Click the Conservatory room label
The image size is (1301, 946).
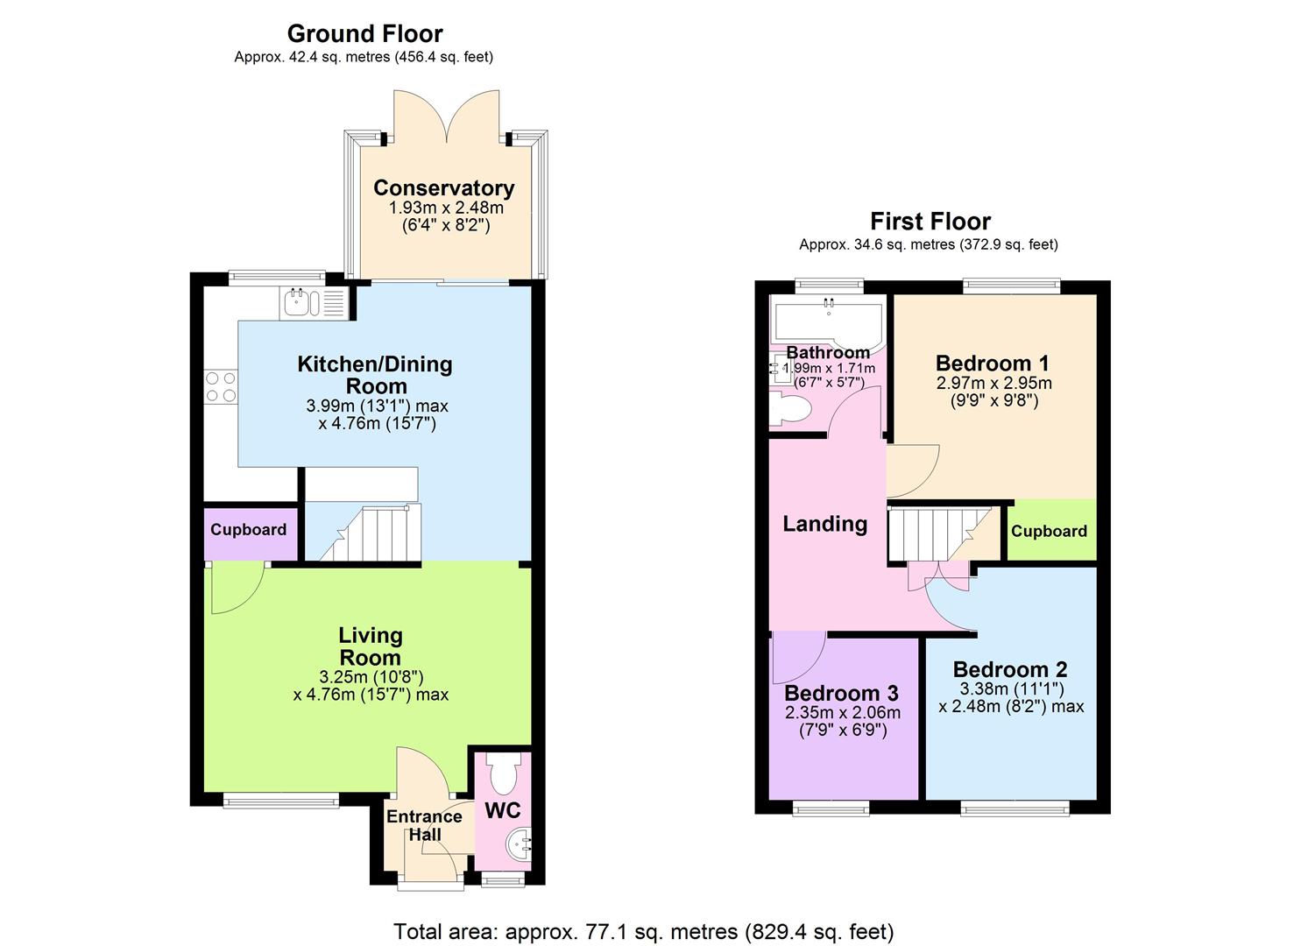coord(443,188)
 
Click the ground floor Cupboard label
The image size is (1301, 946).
coord(248,530)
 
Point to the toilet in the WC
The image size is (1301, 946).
coord(504,774)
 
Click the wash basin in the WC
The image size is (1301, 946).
coord(519,844)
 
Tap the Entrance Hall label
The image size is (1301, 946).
coord(425,825)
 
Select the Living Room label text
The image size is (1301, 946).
coord(371,646)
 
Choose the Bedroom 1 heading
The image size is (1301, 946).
coord(992,364)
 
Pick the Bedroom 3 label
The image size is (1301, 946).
coord(841,694)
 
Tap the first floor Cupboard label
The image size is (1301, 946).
coord(1049,531)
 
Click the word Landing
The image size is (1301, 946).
coord(824,524)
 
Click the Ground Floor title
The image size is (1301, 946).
coord(364,34)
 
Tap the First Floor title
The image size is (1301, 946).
coord(930,222)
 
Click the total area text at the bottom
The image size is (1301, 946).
coord(643,931)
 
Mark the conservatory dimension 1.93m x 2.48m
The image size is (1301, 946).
coord(446,208)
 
